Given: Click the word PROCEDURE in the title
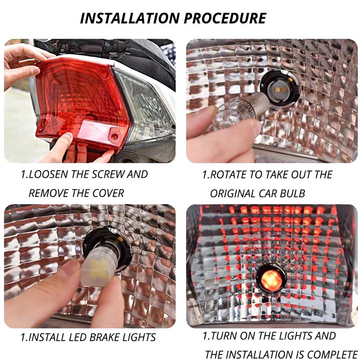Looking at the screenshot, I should point(231,18).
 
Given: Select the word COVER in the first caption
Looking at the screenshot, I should point(108,193).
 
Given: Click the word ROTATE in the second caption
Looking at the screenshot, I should point(229,175).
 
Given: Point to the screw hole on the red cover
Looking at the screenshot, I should point(114,135).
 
